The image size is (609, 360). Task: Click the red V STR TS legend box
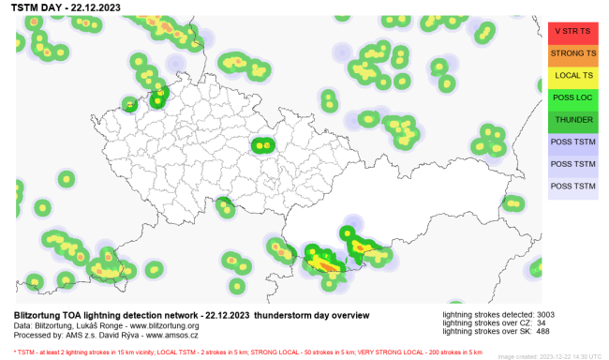point(573,30)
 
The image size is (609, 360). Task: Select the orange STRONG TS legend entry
point(573,52)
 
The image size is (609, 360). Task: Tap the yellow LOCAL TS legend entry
point(573,75)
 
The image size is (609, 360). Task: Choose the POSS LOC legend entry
point(573,97)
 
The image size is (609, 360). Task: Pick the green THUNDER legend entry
point(573,120)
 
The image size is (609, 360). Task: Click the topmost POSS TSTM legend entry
point(573,142)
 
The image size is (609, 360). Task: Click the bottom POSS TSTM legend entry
point(573,187)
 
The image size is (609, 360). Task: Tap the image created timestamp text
point(551,356)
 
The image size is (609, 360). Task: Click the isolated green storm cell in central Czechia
point(261,144)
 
